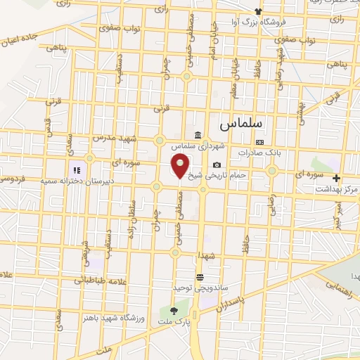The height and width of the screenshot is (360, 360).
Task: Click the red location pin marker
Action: pos(181,167)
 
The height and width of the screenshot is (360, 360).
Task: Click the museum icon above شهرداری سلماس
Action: pos(198,135)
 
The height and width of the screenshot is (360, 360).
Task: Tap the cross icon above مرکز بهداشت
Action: pos(337,179)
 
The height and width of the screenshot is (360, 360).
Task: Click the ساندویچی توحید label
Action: pos(200,288)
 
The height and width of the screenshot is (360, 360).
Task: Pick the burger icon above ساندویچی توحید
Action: pos(200,277)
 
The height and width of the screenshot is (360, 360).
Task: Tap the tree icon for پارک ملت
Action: pos(174,311)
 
